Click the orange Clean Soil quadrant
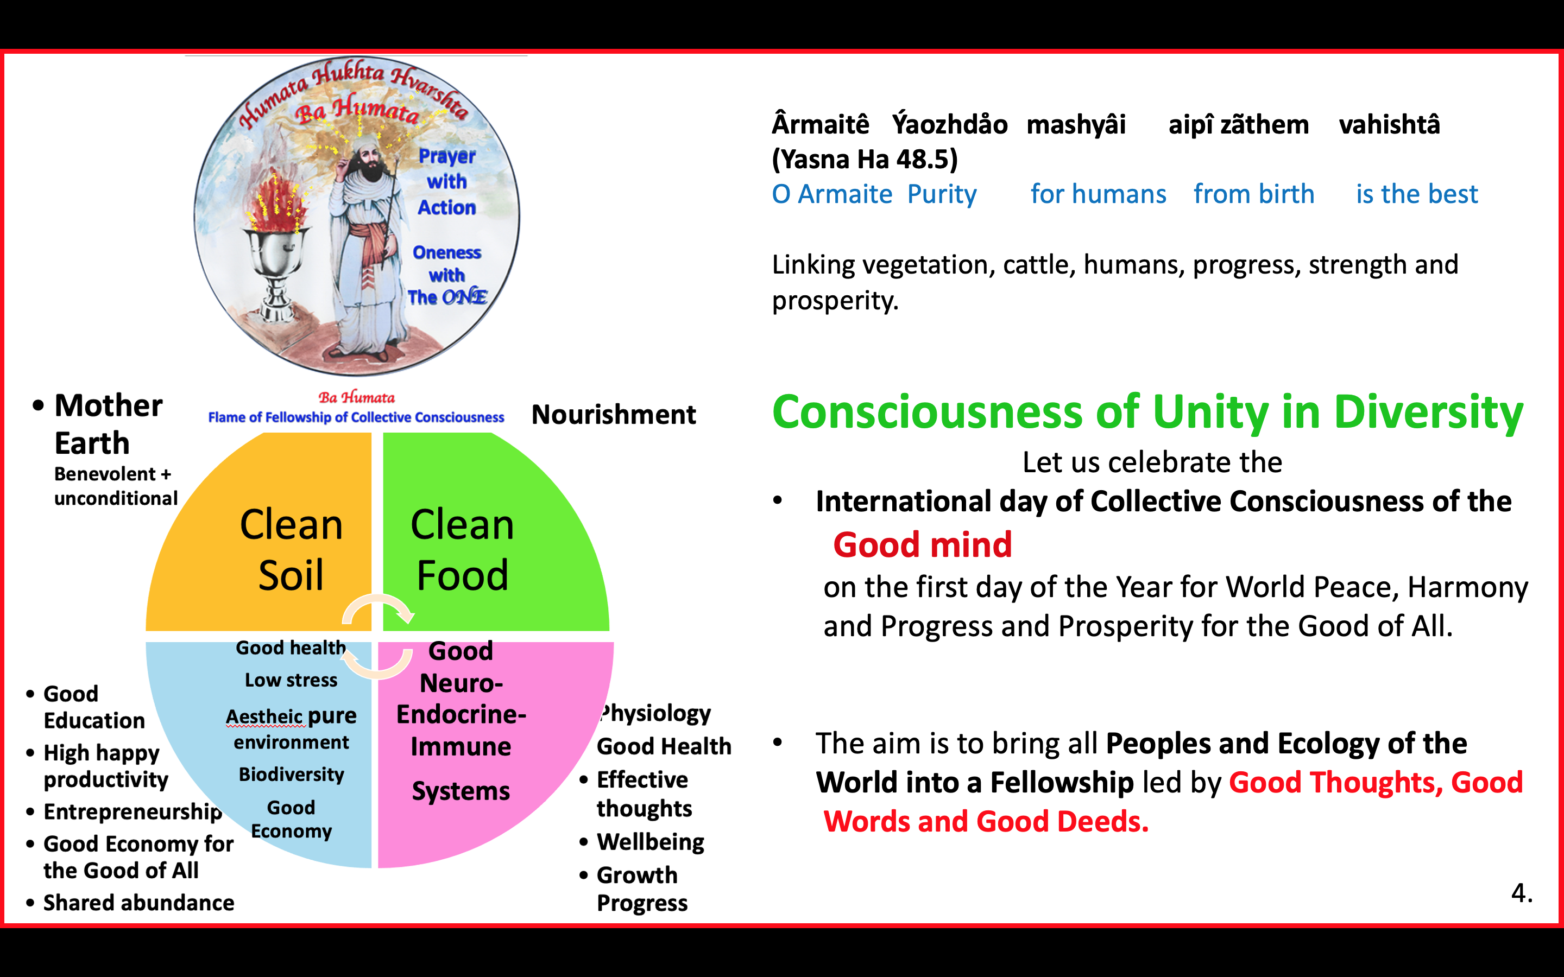(x=272, y=543)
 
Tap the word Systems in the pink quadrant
(x=461, y=791)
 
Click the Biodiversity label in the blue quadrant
(x=292, y=775)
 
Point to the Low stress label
(x=291, y=680)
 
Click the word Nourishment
(x=613, y=415)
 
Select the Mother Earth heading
(x=108, y=424)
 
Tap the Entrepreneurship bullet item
(x=133, y=812)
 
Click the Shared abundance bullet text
(x=138, y=903)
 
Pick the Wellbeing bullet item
(x=650, y=842)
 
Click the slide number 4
(x=1521, y=893)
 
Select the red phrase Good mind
(x=922, y=545)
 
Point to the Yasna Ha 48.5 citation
(x=865, y=159)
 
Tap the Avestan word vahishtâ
(x=1390, y=124)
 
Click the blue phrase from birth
(x=1254, y=194)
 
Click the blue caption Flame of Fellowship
(x=356, y=417)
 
